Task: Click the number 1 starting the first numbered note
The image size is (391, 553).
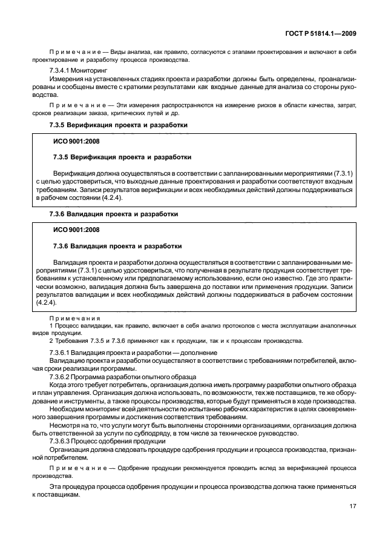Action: (x=51, y=326)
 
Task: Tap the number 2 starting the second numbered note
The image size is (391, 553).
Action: (x=51, y=340)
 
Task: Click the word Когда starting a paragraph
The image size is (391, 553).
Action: (x=59, y=384)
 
